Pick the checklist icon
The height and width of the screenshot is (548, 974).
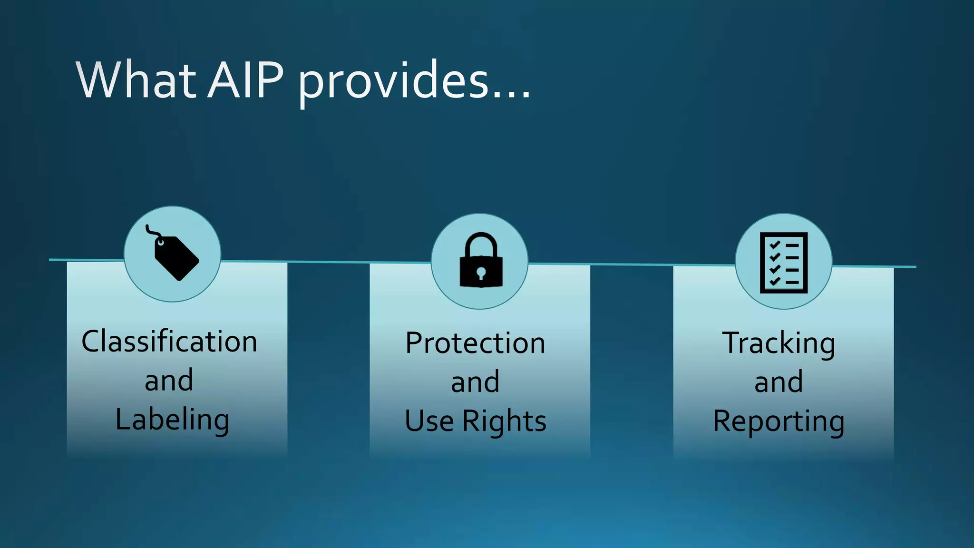[783, 262]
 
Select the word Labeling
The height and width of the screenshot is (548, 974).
[172, 420]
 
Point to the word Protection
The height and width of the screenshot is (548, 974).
[475, 343]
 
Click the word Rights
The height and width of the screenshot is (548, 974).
[505, 421]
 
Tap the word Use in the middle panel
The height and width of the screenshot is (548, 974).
[429, 421]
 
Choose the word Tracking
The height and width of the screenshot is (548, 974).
[779, 343]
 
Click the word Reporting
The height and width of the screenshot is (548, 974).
[779, 421]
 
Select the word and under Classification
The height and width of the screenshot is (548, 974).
[169, 381]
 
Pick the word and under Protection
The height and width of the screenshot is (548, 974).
[475, 382]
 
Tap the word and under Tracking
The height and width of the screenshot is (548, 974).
[779, 382]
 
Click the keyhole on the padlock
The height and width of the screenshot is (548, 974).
[481, 273]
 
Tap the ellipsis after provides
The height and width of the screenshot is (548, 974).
[512, 95]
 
